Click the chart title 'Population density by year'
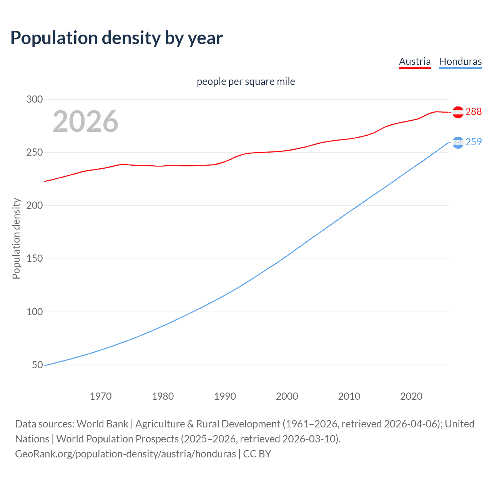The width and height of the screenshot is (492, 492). [116, 38]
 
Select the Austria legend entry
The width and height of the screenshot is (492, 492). [415, 61]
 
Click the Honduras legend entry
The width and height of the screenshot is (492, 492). [460, 61]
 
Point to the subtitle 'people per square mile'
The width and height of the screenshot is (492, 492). [246, 81]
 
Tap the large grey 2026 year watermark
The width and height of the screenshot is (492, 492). [85, 121]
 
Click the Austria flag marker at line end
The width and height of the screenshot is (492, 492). [458, 112]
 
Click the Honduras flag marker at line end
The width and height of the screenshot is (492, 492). [458, 143]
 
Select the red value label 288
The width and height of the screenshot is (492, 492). [474, 111]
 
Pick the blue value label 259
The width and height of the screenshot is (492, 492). [474, 142]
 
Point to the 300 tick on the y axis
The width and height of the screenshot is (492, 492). [34, 99]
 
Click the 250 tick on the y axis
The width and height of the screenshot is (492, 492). [34, 152]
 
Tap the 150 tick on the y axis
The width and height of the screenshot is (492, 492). [34, 259]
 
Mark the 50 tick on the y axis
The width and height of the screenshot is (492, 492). [37, 365]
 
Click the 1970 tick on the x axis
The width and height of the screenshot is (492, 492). [101, 396]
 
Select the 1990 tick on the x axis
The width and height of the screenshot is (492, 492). [225, 396]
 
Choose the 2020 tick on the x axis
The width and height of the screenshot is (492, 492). [411, 396]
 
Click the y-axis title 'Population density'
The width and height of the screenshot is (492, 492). [16, 238]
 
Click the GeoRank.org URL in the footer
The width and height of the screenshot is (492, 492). [125, 454]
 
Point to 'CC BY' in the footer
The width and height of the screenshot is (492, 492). [257, 454]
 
